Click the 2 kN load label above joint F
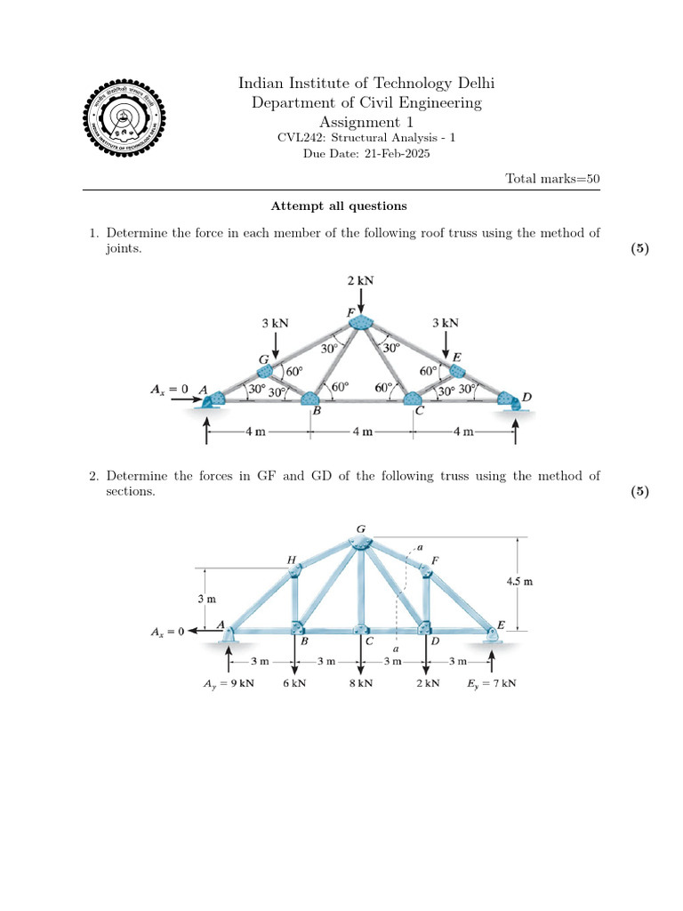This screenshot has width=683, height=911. click(361, 280)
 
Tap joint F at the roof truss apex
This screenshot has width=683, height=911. click(361, 321)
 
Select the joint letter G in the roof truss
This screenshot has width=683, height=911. click(264, 359)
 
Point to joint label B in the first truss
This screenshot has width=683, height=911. click(317, 412)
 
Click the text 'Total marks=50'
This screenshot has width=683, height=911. click(552, 179)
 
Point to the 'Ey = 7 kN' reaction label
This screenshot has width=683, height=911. click(492, 684)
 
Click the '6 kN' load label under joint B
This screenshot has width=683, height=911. click(295, 684)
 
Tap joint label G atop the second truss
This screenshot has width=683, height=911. click(361, 529)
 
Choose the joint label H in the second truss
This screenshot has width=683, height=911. click(292, 560)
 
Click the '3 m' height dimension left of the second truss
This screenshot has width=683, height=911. click(205, 599)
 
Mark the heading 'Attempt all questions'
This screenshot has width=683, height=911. click(339, 206)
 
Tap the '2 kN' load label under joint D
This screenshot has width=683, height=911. click(427, 684)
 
